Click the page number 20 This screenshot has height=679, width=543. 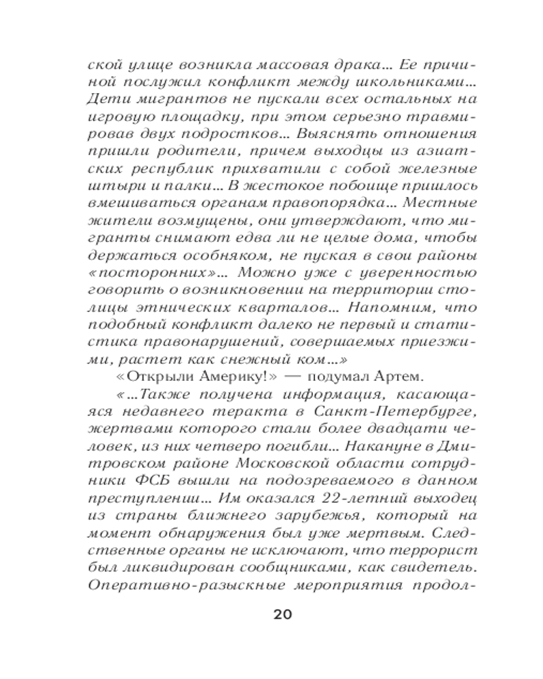click(x=282, y=615)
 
